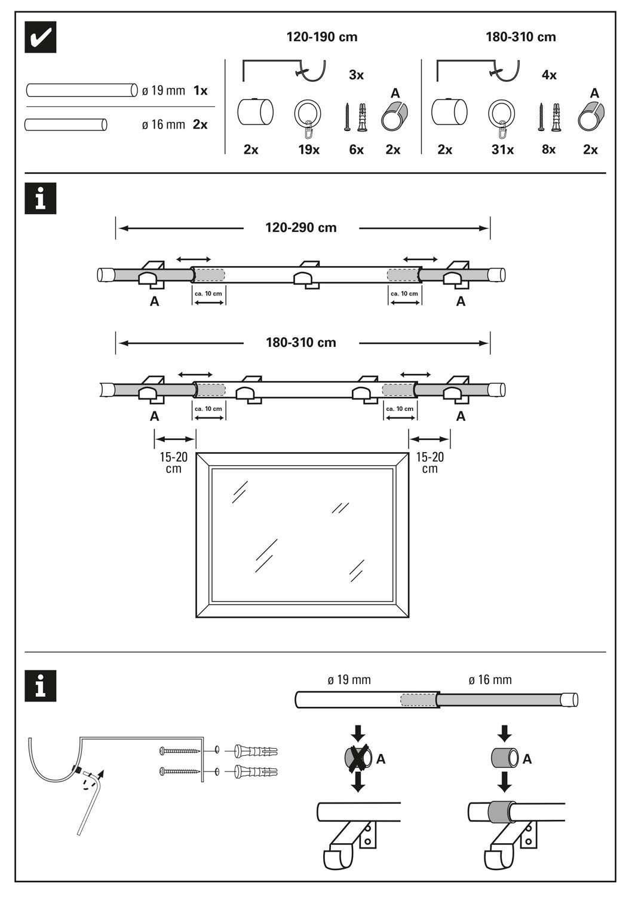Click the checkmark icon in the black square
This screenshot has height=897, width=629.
[41, 38]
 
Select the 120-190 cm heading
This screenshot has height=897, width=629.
[322, 37]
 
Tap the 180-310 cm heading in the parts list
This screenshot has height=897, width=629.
[520, 37]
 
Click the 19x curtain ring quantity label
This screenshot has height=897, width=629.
[309, 149]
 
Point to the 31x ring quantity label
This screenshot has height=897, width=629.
[502, 149]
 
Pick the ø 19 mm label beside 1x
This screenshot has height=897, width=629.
[163, 91]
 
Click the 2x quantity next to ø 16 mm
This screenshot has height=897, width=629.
[200, 124]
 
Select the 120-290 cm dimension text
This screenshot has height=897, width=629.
[301, 228]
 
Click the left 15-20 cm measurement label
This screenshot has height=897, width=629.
[173, 462]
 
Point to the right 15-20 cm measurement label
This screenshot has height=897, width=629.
[429, 462]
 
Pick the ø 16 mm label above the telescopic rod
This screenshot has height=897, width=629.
[490, 680]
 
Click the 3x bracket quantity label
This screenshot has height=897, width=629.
[356, 75]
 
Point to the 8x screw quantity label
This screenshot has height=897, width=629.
[548, 149]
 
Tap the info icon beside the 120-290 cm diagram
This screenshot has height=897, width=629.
[41, 198]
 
